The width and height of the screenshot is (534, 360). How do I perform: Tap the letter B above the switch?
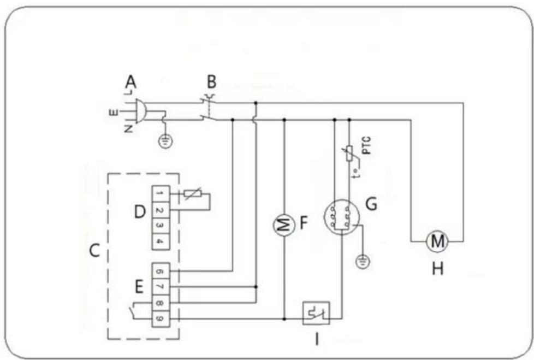(x=211, y=82)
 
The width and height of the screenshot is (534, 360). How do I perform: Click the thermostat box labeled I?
(x=316, y=314)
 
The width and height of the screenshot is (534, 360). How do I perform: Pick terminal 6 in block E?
(x=159, y=270)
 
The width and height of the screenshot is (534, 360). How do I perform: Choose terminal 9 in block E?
(x=159, y=318)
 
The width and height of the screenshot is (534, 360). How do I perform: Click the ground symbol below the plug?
(x=164, y=142)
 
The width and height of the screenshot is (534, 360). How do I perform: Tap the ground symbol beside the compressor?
(x=361, y=263)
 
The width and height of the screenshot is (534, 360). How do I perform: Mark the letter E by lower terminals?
(x=140, y=286)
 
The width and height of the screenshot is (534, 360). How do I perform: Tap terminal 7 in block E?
(x=159, y=286)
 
